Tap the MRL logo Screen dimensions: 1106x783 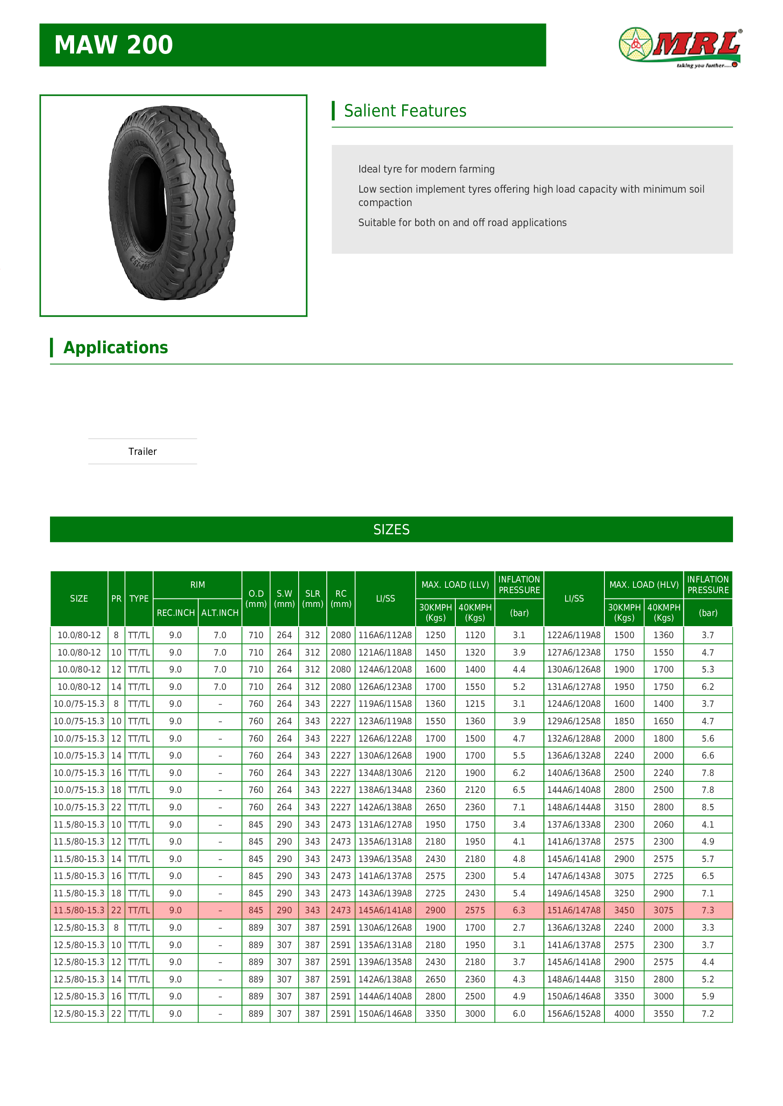pos(680,47)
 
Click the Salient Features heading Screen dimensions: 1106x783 pos(404,111)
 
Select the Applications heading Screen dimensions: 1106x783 pos(115,347)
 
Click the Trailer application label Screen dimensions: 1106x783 pos(142,451)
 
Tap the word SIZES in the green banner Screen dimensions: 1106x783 pos(391,529)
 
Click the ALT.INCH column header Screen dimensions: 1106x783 pos(220,613)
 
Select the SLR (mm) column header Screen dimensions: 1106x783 pos(312,599)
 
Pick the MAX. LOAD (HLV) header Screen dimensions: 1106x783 pos(644,585)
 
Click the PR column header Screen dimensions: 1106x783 pos(116,599)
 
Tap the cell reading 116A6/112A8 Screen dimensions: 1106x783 pos(385,636)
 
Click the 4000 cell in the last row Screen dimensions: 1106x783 pos(624,1014)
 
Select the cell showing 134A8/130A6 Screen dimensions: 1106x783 pos(385,773)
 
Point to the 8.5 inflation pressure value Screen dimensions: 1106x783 pos(707,807)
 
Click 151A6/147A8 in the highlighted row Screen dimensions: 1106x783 pos(574,910)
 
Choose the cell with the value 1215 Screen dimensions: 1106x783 pos(475,704)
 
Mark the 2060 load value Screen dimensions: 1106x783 pos(663,825)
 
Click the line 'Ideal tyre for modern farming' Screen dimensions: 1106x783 pos(426,169)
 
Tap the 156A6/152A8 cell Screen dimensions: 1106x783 pos(574,1014)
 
